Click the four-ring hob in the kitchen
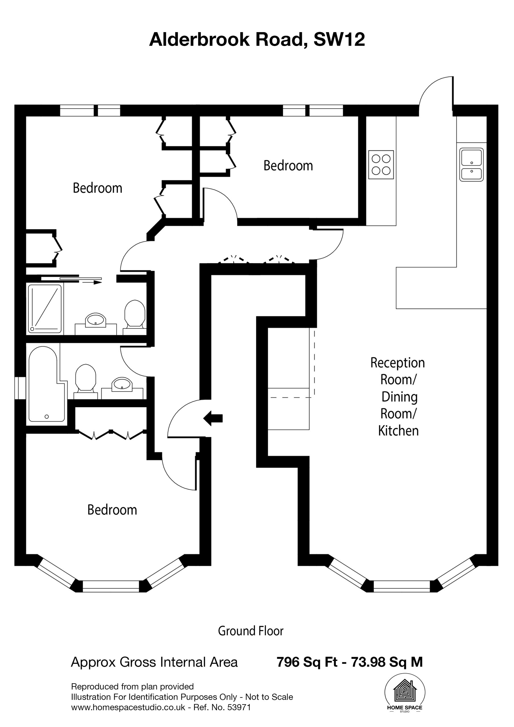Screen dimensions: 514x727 point(381,165)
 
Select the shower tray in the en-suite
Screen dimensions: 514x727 point(45,309)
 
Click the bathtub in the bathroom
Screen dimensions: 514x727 point(47,384)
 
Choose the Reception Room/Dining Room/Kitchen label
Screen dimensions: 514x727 point(398,397)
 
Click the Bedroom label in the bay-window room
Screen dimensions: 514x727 point(112,510)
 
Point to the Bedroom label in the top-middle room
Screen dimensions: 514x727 point(288,166)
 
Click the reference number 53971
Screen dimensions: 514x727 point(239,707)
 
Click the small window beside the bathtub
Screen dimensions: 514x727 point(20,388)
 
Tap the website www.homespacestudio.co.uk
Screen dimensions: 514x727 point(128,707)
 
